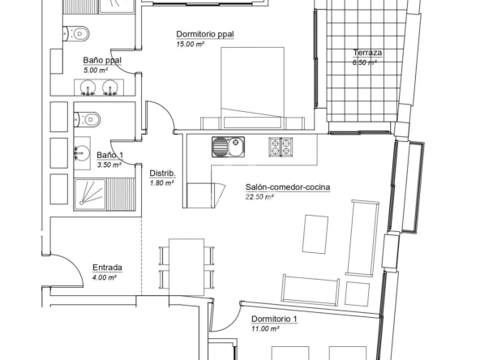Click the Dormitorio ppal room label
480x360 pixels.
click(x=205, y=34)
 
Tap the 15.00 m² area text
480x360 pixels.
click(x=190, y=44)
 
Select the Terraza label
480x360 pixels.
click(x=367, y=53)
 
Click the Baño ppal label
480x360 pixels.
click(x=102, y=60)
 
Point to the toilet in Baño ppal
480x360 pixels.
click(x=76, y=33)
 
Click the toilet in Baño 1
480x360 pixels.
click(x=88, y=119)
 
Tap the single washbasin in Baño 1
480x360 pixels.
click(x=82, y=153)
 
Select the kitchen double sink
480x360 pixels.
click(x=229, y=147)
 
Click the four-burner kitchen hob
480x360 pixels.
click(x=281, y=147)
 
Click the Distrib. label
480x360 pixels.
click(x=162, y=174)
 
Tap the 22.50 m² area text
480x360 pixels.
click(x=259, y=197)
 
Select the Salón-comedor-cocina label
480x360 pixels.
click(x=288, y=187)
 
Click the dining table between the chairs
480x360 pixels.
click(x=186, y=268)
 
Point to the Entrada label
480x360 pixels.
click(x=108, y=268)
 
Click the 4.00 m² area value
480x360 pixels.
click(x=105, y=277)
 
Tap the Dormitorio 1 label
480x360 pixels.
click(x=274, y=319)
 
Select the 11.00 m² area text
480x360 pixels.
click(x=265, y=329)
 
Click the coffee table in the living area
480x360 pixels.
click(x=315, y=234)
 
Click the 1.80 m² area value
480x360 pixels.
click(x=162, y=183)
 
